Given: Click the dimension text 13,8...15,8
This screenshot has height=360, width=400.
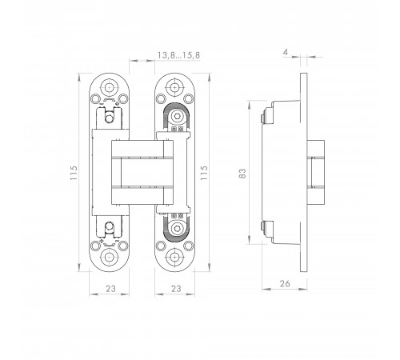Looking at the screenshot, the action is [x=178, y=55].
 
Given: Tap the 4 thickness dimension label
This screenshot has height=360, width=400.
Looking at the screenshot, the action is [x=286, y=52].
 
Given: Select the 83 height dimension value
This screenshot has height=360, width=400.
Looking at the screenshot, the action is [x=242, y=174].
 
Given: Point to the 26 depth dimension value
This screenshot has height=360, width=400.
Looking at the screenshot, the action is [x=285, y=283].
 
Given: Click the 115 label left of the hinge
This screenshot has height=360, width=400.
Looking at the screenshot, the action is [x=74, y=173].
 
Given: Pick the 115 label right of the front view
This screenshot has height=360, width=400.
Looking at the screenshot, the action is [x=204, y=173].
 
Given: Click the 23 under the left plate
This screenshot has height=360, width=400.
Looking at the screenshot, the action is [x=110, y=289].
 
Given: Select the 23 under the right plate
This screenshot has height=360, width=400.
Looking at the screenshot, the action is [x=176, y=289].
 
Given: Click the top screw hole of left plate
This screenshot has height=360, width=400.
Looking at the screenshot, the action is [x=109, y=87].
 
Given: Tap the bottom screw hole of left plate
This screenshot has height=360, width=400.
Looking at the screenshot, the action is [x=109, y=257].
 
